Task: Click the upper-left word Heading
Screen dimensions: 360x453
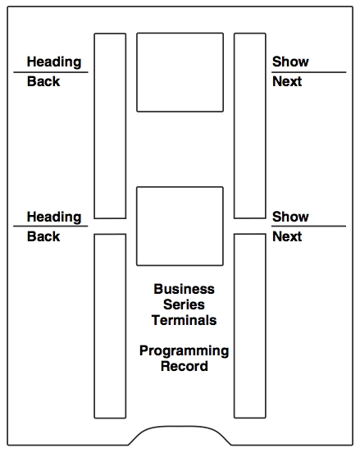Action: pos(54,62)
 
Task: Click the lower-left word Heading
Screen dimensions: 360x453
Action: pos(54,217)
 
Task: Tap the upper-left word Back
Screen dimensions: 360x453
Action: pos(43,81)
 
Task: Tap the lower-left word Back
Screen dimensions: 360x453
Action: pos(43,236)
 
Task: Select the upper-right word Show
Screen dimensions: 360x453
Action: pos(290,62)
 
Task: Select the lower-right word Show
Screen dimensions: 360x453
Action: pos(290,217)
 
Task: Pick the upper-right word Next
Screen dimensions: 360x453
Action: pos(287,81)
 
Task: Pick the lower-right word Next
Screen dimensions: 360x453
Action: pos(287,236)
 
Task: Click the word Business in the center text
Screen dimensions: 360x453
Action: pos(184,289)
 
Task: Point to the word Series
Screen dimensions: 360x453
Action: pos(184,304)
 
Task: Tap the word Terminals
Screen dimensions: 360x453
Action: pos(184,320)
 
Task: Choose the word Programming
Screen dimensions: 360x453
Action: pos(185,351)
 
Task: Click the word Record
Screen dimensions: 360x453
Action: pos(185,366)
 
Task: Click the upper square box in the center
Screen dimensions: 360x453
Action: pos(137,72)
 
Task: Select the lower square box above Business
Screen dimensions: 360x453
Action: pos(137,226)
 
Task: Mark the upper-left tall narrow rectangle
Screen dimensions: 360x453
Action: pos(94,126)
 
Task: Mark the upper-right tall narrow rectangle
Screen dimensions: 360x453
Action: pos(235,126)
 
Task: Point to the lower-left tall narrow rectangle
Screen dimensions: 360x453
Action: pos(94,326)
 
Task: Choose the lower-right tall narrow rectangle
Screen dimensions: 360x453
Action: pos(235,326)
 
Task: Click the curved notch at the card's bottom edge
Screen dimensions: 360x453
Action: pos(180,427)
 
